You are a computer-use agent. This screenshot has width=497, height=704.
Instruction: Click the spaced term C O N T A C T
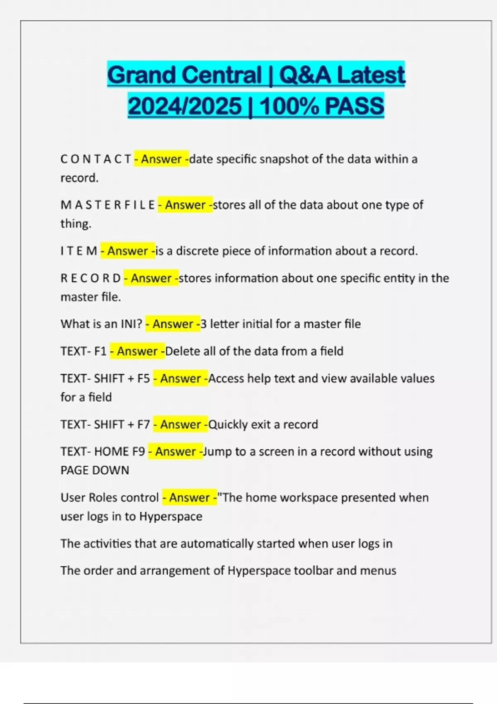[x=96, y=159]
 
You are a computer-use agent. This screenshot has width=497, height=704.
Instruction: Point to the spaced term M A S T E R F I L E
[x=108, y=205]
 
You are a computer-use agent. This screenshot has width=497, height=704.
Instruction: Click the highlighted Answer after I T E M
[x=128, y=251]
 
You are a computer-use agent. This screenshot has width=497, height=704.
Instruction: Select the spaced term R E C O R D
[x=91, y=278]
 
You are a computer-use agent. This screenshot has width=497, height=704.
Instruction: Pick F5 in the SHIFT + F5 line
[x=144, y=379]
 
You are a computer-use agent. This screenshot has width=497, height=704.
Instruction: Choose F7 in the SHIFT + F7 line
[x=144, y=424]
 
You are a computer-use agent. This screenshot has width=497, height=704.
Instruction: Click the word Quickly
[x=228, y=424]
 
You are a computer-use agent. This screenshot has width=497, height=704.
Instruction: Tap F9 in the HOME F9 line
[x=139, y=451]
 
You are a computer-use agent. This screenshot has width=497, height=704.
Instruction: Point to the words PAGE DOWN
[x=95, y=470]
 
